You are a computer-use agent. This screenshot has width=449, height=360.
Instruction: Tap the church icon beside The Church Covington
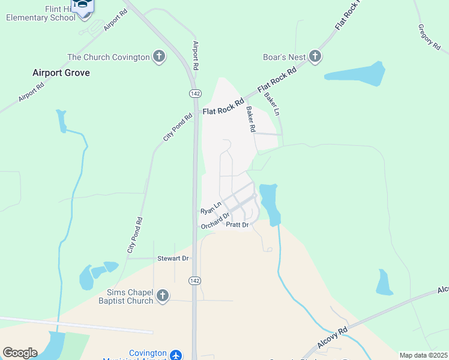[x=159, y=57]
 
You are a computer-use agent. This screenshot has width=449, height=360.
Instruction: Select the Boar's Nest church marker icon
[x=315, y=57]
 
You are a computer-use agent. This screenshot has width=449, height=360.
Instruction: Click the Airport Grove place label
[x=61, y=73]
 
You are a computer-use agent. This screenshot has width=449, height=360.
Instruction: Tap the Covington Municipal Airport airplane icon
[x=176, y=355]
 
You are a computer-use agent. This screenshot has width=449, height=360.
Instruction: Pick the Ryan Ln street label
[x=211, y=208]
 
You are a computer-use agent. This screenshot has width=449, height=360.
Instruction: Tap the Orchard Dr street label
[x=215, y=221]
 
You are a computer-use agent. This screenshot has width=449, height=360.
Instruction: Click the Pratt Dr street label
[x=237, y=225]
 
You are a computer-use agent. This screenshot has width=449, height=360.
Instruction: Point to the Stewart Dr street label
[x=173, y=258]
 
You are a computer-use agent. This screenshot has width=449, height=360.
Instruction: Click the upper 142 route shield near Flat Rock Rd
[x=194, y=94]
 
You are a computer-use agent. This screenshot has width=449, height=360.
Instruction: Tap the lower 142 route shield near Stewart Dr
[x=194, y=281]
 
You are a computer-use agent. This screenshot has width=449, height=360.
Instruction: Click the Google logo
[x=20, y=353]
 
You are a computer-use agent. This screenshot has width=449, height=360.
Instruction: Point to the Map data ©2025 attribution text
[x=423, y=355]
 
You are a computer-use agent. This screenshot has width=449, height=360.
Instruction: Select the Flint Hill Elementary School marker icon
[x=83, y=5]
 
